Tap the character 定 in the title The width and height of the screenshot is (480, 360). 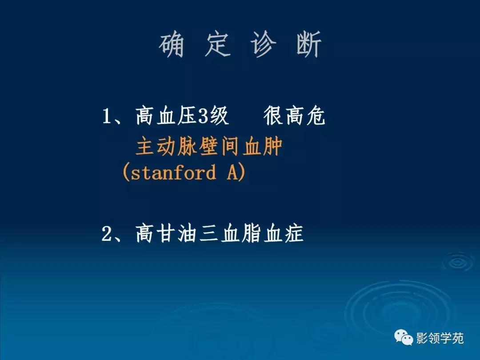point(218,45)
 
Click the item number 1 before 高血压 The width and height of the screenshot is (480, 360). point(107,117)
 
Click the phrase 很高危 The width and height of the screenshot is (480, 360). point(294,117)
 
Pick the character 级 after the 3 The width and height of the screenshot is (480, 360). point(220,117)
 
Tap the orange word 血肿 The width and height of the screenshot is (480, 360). point(263,147)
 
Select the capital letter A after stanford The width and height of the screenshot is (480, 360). point(232,172)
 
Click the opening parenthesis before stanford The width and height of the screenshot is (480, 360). point(126,172)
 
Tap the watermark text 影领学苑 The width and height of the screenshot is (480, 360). point(440,338)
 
